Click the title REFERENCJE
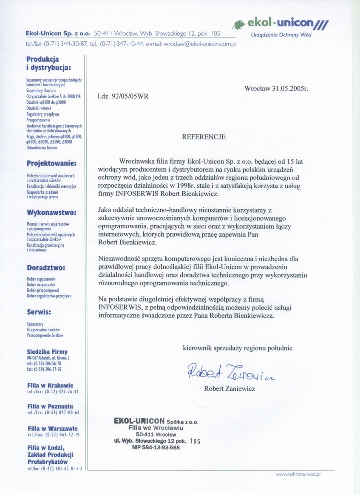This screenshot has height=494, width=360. (x=204, y=137)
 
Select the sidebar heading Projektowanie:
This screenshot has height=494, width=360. (x=51, y=163)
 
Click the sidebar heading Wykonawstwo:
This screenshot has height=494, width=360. (x=51, y=212)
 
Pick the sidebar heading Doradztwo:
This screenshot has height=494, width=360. (x=46, y=268)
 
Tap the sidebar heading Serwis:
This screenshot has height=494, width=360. (x=39, y=312)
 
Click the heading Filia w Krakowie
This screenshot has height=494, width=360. (x=50, y=386)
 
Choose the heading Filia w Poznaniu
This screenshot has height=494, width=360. (x=50, y=406)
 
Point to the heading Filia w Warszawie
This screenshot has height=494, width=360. (x=52, y=429)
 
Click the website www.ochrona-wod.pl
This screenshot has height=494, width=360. (x=298, y=474)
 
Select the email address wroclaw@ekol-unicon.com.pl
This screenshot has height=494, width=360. (x=200, y=44)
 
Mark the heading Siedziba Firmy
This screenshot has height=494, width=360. (x=47, y=352)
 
